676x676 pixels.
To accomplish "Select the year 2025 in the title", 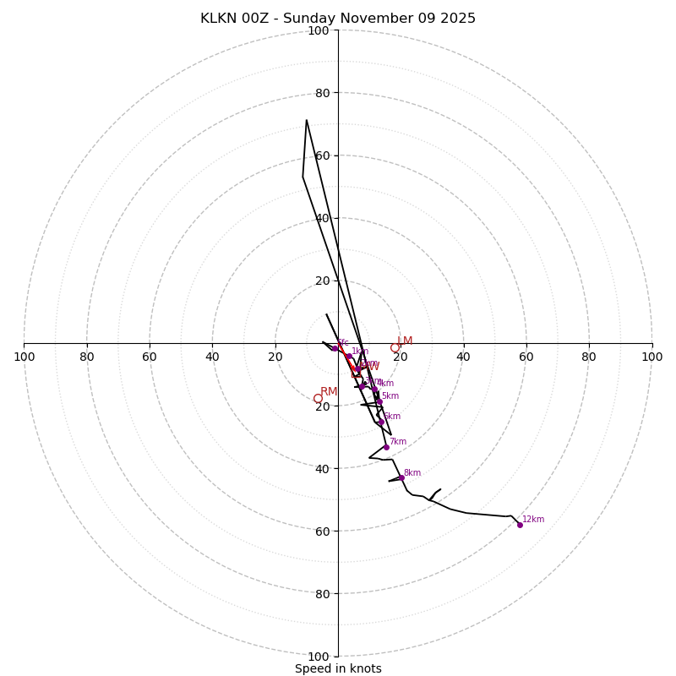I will click(457, 19).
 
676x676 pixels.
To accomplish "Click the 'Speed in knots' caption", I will click(338, 668).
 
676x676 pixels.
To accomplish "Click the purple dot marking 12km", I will click(520, 525).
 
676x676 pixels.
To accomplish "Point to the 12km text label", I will click(533, 520).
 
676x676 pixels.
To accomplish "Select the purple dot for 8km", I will click(401, 477).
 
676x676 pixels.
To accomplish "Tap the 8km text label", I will click(412, 473).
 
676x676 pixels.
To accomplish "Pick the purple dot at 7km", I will click(386, 447).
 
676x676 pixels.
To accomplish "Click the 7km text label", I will click(398, 442).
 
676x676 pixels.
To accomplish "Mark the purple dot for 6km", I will click(381, 422).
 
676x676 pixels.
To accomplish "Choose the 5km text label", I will click(390, 396).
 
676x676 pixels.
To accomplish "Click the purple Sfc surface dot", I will click(335, 348).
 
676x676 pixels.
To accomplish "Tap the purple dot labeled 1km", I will click(348, 356).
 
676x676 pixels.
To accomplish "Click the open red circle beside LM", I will click(395, 347).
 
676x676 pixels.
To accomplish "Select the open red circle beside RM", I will click(318, 399).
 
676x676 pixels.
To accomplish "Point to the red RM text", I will click(329, 392).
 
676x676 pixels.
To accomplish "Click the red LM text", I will click(405, 341).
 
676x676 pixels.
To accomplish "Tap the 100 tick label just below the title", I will click(319, 30).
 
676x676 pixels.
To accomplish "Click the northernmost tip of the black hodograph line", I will click(307, 120).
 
